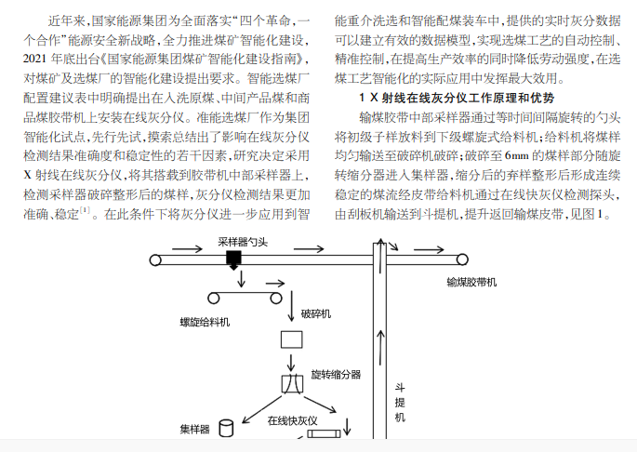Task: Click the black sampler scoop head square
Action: (x=233, y=258)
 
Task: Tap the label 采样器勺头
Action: (x=243, y=242)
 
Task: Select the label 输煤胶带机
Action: (x=471, y=282)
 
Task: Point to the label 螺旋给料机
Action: (x=205, y=323)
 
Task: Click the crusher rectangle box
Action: (x=292, y=339)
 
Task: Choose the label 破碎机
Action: (x=315, y=313)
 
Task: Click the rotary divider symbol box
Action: (x=292, y=384)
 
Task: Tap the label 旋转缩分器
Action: (x=336, y=375)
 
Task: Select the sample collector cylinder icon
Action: (x=226, y=429)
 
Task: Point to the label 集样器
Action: (x=194, y=430)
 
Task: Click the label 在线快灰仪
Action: (x=292, y=420)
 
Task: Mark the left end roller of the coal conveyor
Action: (x=155, y=259)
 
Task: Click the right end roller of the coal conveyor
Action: (x=462, y=259)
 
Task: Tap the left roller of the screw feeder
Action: (x=213, y=299)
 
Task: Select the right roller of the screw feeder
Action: (x=276, y=299)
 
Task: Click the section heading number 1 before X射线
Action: (x=362, y=98)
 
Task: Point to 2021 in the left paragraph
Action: (x=35, y=60)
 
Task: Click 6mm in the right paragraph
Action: (x=517, y=155)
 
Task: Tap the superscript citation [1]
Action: (x=85, y=210)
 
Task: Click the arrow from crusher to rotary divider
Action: (x=291, y=363)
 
